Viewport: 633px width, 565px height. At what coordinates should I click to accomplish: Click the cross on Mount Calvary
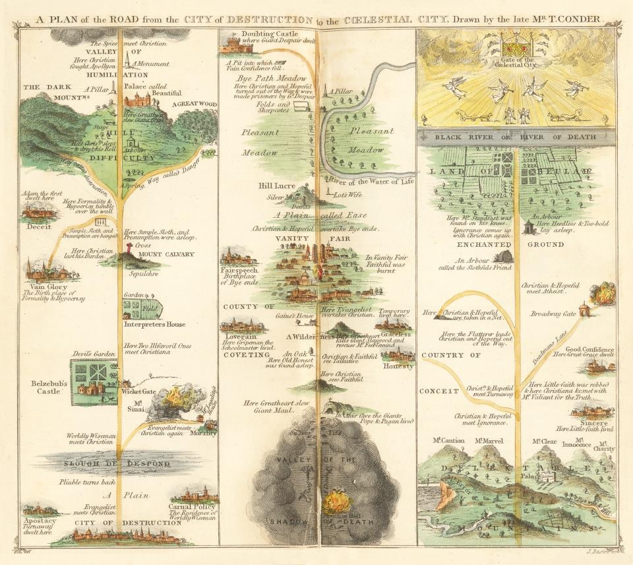[x=123, y=248]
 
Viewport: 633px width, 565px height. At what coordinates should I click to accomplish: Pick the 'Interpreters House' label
[x=154, y=324]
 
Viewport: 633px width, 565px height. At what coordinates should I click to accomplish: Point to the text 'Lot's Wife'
[x=351, y=195]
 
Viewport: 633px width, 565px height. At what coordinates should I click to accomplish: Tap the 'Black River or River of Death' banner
[x=516, y=137]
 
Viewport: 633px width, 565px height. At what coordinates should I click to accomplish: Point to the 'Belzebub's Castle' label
[x=49, y=386]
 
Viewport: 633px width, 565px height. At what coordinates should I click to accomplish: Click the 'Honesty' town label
[x=398, y=366]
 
